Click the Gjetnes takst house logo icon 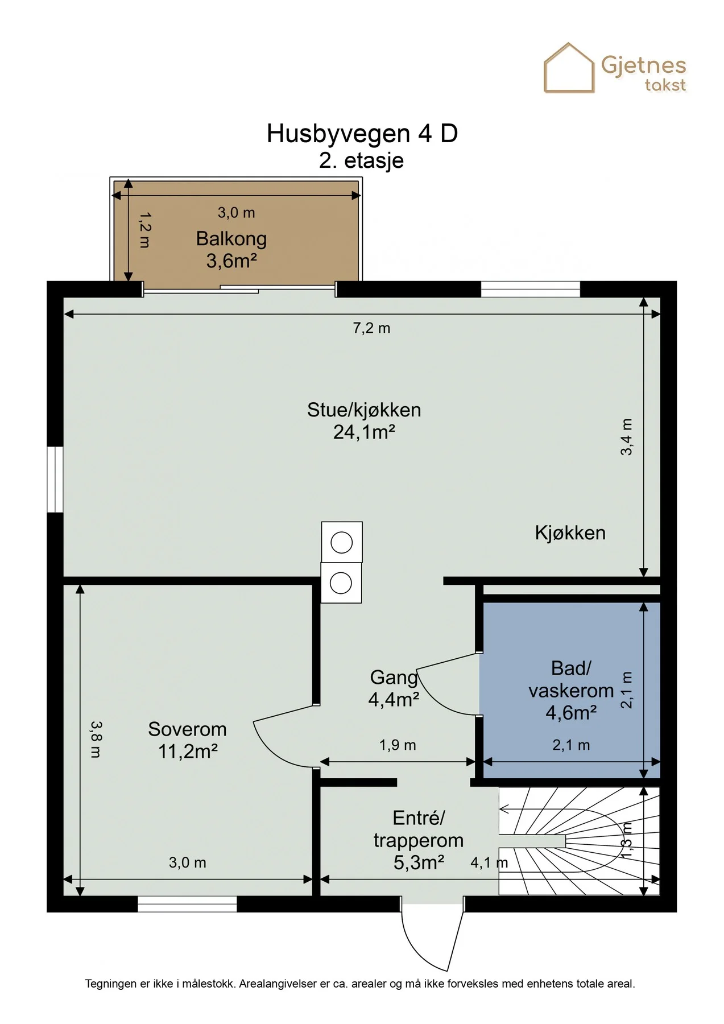click(x=569, y=68)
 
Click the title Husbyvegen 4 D click(x=362, y=134)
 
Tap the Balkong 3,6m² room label click(x=231, y=250)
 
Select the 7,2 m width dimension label click(x=371, y=328)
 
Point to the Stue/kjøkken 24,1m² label click(x=364, y=421)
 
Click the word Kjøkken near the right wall click(x=570, y=533)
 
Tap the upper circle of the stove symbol click(x=342, y=542)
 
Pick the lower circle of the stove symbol click(x=341, y=583)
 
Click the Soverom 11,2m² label click(x=188, y=740)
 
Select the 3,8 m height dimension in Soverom click(x=96, y=740)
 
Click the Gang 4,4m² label click(x=394, y=688)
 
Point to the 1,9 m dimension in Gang click(x=398, y=745)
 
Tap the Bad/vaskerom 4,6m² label click(x=571, y=691)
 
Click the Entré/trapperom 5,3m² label click(x=419, y=840)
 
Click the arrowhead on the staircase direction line click(x=504, y=808)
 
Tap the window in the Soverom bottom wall click(x=187, y=905)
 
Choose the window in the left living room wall click(x=55, y=480)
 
